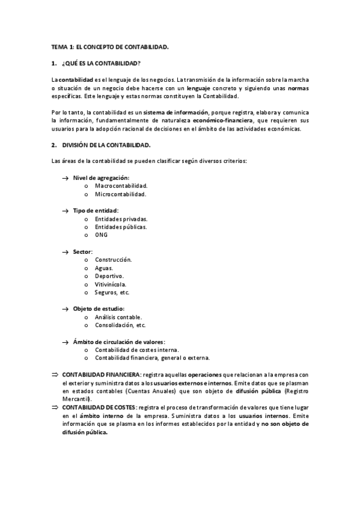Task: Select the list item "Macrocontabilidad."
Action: point(121,186)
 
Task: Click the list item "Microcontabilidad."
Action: point(120,194)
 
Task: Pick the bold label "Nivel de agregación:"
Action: point(101,178)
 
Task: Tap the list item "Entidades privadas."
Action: point(121,219)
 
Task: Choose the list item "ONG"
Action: point(101,235)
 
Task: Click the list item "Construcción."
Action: point(113,260)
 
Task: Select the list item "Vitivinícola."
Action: point(111,284)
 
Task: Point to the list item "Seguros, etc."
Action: point(112,292)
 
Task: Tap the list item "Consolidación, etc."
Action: point(120,325)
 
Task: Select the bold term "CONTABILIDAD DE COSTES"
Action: point(99,407)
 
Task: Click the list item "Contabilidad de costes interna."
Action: point(137,349)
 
